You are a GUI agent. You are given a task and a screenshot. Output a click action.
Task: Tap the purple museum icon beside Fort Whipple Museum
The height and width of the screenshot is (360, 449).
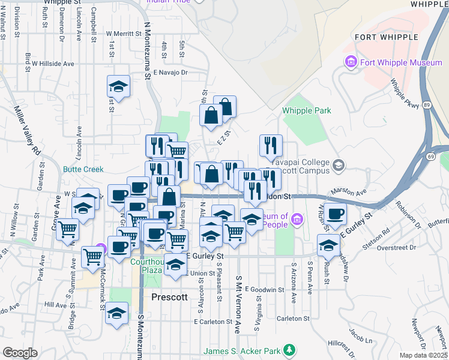(350, 62)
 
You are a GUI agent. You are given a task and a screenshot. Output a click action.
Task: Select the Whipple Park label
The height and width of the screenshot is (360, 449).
(307, 111)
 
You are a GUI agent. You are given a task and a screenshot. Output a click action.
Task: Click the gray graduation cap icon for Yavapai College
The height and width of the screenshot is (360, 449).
(339, 164)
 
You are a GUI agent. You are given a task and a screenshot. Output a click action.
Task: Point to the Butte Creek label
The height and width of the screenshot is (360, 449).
(83, 169)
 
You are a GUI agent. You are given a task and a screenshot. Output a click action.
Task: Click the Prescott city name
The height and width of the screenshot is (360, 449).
(170, 297)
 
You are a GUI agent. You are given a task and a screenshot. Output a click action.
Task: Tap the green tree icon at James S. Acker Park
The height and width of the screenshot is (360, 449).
(289, 350)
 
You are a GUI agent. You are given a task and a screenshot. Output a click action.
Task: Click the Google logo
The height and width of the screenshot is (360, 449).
(20, 353)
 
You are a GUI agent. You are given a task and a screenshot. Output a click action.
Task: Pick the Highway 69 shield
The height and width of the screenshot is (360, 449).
(431, 157)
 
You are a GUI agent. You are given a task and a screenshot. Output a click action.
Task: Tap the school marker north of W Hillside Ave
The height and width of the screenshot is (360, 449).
(119, 86)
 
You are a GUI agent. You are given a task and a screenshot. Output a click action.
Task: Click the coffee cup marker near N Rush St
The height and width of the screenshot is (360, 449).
(335, 213)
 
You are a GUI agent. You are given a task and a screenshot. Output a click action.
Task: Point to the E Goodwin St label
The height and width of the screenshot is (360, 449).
(264, 289)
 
